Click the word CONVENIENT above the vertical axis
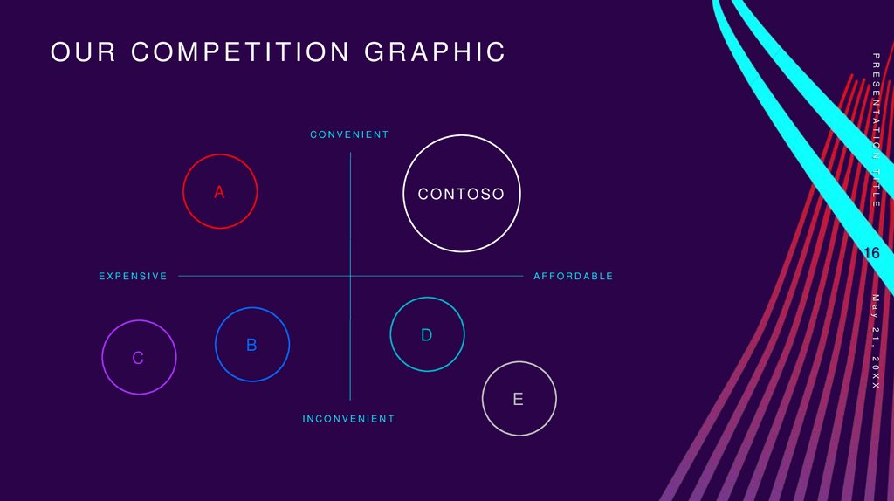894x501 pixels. tap(349, 134)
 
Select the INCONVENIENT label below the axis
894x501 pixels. tap(348, 419)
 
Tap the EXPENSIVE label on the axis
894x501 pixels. tap(133, 277)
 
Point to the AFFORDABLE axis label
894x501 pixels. tap(573, 277)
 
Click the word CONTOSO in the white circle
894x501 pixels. tap(461, 195)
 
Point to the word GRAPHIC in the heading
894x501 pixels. tap(435, 52)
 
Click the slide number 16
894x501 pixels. tap(871, 253)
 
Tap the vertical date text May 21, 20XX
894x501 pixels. tap(876, 341)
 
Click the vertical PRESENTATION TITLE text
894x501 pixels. tap(876, 129)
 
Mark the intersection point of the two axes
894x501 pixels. tap(350, 277)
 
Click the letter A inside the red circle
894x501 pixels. tap(220, 192)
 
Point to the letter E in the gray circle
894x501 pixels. tap(519, 400)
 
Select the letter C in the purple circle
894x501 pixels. tap(138, 358)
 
